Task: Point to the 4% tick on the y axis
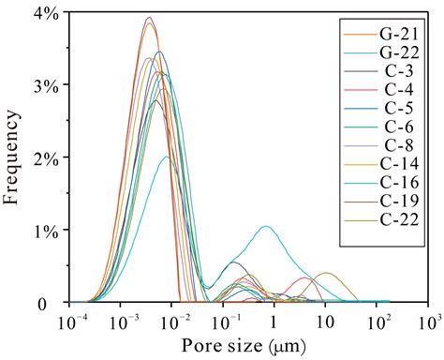45,13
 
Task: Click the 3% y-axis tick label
45,85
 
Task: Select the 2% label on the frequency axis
45,157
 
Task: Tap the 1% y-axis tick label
45,231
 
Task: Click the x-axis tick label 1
274,322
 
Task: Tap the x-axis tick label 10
325,322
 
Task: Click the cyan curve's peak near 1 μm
268,227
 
